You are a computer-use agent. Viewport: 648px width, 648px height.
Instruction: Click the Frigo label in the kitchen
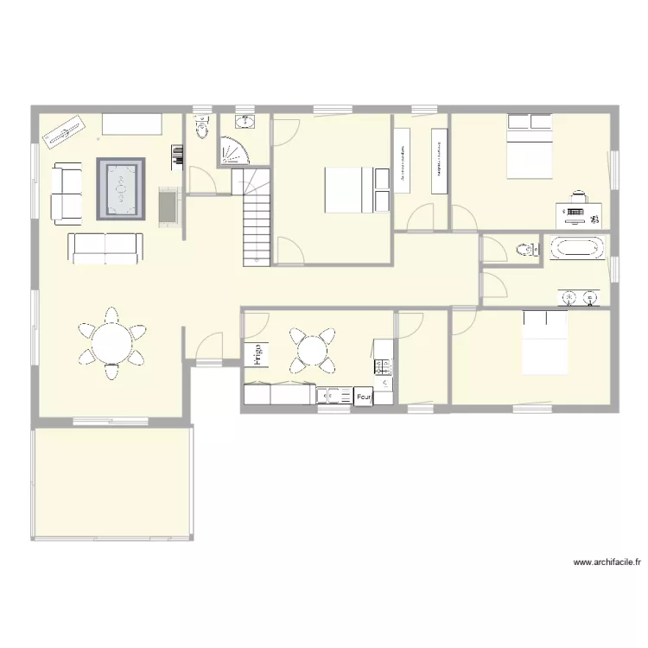259,353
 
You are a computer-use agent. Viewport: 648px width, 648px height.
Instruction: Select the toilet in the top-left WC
202,129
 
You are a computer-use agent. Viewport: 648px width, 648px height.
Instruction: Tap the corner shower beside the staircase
234,151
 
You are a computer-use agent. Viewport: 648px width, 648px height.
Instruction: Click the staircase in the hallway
256,216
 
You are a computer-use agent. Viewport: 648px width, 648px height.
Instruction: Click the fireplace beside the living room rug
168,206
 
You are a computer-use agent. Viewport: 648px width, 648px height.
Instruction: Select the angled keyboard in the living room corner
66,132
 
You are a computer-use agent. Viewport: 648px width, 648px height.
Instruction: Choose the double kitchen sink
332,396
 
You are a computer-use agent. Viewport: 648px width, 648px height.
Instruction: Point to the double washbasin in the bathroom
579,298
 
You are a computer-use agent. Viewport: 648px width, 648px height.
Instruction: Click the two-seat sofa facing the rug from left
67,194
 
